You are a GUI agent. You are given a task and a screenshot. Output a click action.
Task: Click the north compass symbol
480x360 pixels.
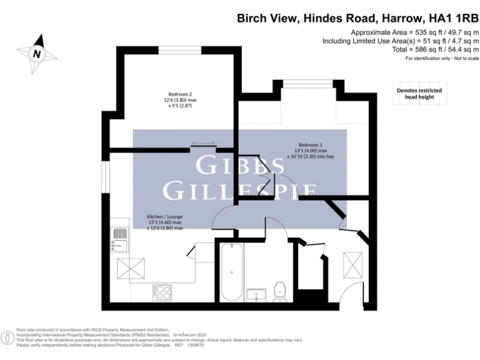[x=36, y=54]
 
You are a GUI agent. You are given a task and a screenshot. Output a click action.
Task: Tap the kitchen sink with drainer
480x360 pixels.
[x=119, y=237]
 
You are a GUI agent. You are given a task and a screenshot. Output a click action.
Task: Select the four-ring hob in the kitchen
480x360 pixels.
[x=163, y=291]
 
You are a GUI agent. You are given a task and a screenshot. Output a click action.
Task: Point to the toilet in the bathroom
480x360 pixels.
[x=280, y=291]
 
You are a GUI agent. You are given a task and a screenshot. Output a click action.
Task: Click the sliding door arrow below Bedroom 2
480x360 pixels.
[x=204, y=144]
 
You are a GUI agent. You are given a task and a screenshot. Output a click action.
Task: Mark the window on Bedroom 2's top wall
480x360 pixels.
[x=179, y=49]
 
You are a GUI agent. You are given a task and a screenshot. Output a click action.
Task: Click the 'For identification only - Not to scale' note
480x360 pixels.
[x=441, y=58]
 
